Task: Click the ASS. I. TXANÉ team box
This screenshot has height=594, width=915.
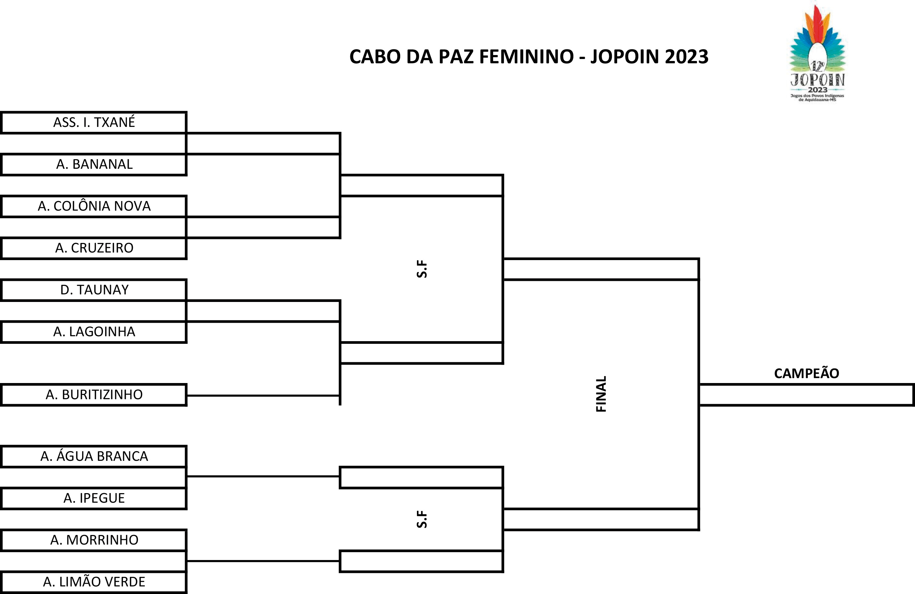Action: click(x=94, y=123)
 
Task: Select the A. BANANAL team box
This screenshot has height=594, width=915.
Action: click(x=94, y=164)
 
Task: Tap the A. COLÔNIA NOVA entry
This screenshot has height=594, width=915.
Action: click(x=94, y=206)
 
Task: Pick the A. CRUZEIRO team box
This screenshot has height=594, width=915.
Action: click(x=94, y=248)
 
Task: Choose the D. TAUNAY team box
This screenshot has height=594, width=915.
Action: click(x=94, y=290)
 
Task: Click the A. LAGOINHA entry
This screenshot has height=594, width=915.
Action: click(x=94, y=332)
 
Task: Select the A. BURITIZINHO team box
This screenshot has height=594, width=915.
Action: click(x=94, y=395)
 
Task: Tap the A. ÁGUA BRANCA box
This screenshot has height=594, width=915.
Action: click(x=94, y=457)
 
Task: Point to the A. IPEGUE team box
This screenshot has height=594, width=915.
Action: click(x=94, y=498)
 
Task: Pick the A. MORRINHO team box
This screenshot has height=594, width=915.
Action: click(x=94, y=540)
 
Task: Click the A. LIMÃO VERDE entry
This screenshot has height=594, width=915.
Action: click(x=94, y=582)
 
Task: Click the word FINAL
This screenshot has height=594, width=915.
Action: click(x=601, y=394)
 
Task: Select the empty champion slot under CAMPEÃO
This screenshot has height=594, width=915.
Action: click(x=806, y=395)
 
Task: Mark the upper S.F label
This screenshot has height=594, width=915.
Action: click(x=422, y=269)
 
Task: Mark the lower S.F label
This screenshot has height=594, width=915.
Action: click(x=422, y=519)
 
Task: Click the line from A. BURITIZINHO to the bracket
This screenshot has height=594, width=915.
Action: click(x=263, y=395)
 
